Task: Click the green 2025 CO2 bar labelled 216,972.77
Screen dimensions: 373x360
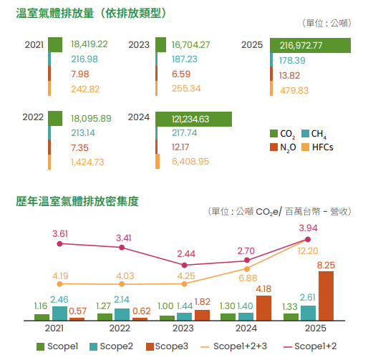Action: (310, 45)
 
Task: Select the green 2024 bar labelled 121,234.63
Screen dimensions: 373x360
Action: (193, 119)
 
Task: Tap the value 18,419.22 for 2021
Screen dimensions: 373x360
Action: (89, 44)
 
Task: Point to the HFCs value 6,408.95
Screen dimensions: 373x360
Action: (190, 162)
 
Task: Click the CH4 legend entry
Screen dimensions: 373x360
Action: (314, 134)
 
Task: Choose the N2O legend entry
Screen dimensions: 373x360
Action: (283, 147)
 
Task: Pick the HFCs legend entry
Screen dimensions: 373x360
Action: (317, 147)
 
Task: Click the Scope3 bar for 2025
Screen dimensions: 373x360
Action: (326, 296)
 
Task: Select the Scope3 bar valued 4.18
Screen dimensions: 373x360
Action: (263, 308)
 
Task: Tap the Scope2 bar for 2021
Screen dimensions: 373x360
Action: (59, 313)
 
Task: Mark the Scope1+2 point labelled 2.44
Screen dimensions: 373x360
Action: (184, 265)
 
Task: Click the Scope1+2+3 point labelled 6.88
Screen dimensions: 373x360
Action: (247, 269)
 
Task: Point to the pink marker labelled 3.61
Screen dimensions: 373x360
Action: (60, 244)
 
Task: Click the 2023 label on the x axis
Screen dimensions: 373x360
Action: (183, 329)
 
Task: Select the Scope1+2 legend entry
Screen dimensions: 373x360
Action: (310, 346)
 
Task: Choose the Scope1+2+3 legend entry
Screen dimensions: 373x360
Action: (234, 346)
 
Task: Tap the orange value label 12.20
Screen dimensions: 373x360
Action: (308, 251)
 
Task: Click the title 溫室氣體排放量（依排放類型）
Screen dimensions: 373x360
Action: (91, 13)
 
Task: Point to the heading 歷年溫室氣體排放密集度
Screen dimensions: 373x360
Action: (77, 201)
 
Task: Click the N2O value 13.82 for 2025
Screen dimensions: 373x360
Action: (289, 76)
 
